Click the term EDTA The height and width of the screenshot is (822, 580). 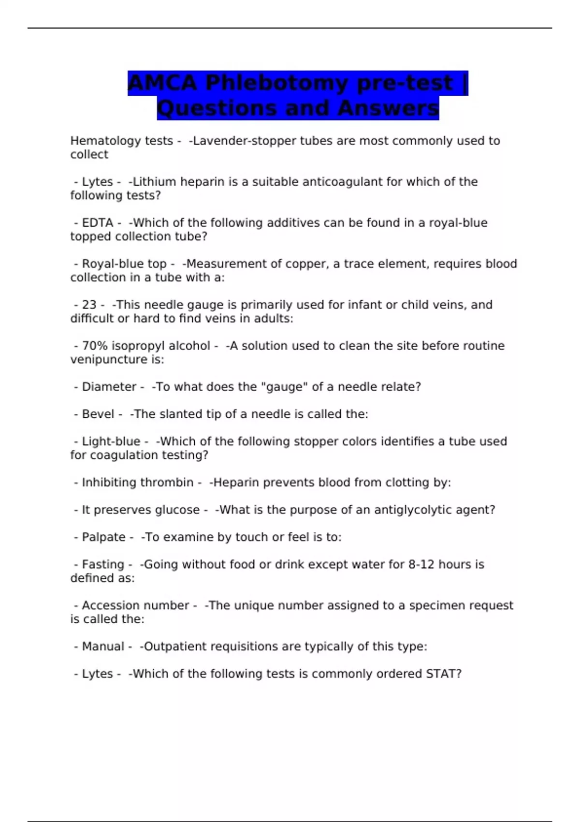[x=97, y=223]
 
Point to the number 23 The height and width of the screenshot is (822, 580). [x=89, y=305]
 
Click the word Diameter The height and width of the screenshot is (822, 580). [x=109, y=387]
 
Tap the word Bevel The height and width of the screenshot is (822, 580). [x=98, y=414]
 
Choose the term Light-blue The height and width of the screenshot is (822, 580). [x=111, y=441]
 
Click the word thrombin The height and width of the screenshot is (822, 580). [x=169, y=483]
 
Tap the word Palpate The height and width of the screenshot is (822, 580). [x=103, y=537]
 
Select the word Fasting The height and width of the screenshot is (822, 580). [x=103, y=564]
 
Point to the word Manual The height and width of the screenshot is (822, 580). [x=103, y=646]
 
